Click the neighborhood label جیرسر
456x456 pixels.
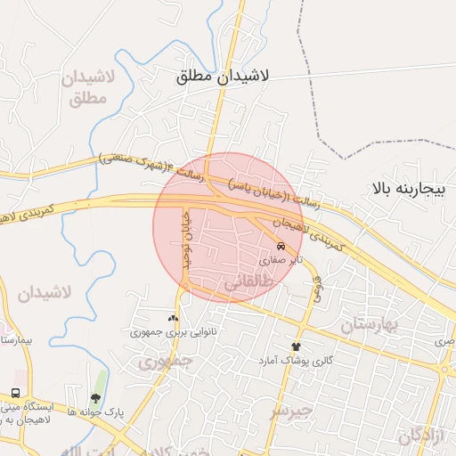click(291, 411)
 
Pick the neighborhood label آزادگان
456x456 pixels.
click(419, 436)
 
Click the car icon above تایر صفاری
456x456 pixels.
click(281, 245)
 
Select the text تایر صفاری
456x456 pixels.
click(282, 262)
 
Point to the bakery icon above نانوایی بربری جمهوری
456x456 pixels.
click(173, 317)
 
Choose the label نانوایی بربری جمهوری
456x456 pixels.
click(175, 332)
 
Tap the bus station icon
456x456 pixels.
click(16, 393)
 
